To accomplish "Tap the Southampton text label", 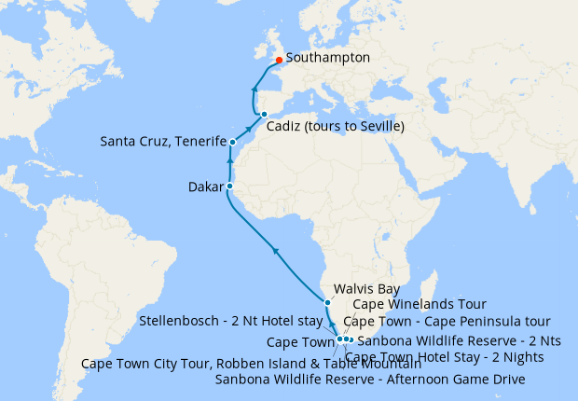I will (328, 58).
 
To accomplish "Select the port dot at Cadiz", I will (264, 115).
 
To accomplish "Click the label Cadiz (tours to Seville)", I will (335, 127).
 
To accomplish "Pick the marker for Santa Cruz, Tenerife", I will (232, 143).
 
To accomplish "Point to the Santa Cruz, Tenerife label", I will (163, 142).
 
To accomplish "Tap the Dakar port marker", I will (229, 187).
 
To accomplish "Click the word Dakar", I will (204, 187).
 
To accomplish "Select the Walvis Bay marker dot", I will (327, 303).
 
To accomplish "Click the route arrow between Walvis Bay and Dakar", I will (274, 249).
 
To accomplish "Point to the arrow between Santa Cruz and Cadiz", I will (249, 129).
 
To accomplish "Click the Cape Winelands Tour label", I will (407, 305).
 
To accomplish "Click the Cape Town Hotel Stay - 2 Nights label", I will (445, 356).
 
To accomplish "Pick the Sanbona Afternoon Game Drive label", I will (370, 380).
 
